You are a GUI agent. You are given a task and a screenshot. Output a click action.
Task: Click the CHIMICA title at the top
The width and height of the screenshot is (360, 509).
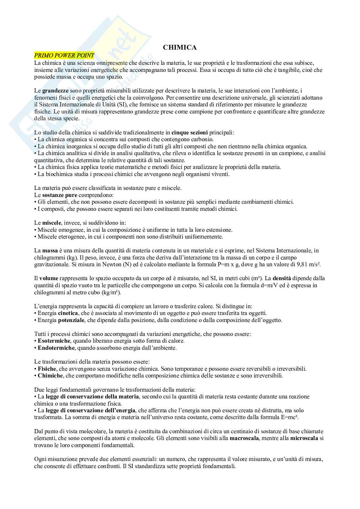click(x=180, y=47)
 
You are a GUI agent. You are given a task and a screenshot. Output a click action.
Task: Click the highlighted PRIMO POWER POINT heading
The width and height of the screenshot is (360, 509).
click(x=64, y=55)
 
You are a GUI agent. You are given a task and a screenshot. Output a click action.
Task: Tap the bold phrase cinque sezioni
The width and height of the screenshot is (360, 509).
click(x=190, y=132)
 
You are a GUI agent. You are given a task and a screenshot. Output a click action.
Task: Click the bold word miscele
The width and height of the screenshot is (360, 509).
click(x=52, y=223)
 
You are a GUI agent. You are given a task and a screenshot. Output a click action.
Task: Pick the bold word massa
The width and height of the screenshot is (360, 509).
click(x=50, y=250)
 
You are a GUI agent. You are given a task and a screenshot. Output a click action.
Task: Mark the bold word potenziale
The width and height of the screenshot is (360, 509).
click(x=71, y=320)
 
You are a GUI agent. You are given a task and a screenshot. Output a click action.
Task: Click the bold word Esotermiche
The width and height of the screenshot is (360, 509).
click(x=54, y=341)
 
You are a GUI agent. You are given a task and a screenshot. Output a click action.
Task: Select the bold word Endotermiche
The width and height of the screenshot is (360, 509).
click(x=56, y=348)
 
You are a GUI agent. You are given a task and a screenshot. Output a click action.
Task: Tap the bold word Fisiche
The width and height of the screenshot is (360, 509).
click(x=47, y=368)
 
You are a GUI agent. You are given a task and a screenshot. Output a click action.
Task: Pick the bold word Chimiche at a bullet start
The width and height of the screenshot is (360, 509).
click(x=50, y=376)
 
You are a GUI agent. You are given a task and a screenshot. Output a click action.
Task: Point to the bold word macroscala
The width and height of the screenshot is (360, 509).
click(x=244, y=438)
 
